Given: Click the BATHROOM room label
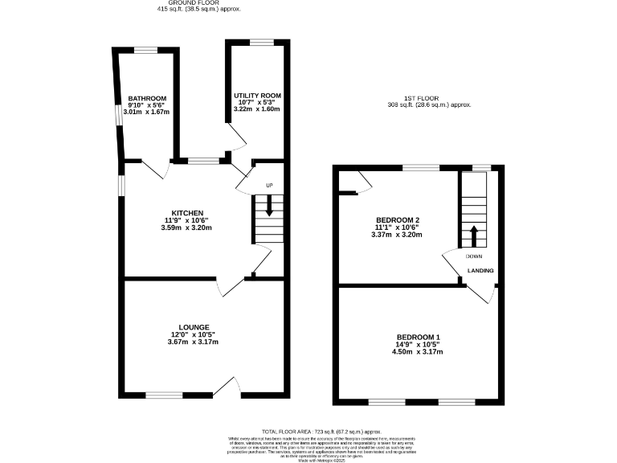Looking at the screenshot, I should pyautogui.click(x=146, y=98).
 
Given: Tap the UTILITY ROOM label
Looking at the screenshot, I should pyautogui.click(x=257, y=95).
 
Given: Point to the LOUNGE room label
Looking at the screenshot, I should pyautogui.click(x=194, y=327).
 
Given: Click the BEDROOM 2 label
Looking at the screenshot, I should pyautogui.click(x=398, y=220).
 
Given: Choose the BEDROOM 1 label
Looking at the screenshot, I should pyautogui.click(x=418, y=337).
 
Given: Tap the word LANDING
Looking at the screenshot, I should pyautogui.click(x=480, y=271).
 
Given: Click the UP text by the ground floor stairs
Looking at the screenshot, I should pyautogui.click(x=269, y=186).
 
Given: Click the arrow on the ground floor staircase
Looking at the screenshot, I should pyautogui.click(x=269, y=208).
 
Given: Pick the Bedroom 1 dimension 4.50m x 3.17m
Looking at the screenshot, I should pyautogui.click(x=418, y=352).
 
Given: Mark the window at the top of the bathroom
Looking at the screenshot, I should pyautogui.click(x=145, y=51).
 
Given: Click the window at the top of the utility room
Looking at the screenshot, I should pyautogui.click(x=260, y=41).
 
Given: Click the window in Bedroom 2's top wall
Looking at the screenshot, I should pyautogui.click(x=421, y=167).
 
